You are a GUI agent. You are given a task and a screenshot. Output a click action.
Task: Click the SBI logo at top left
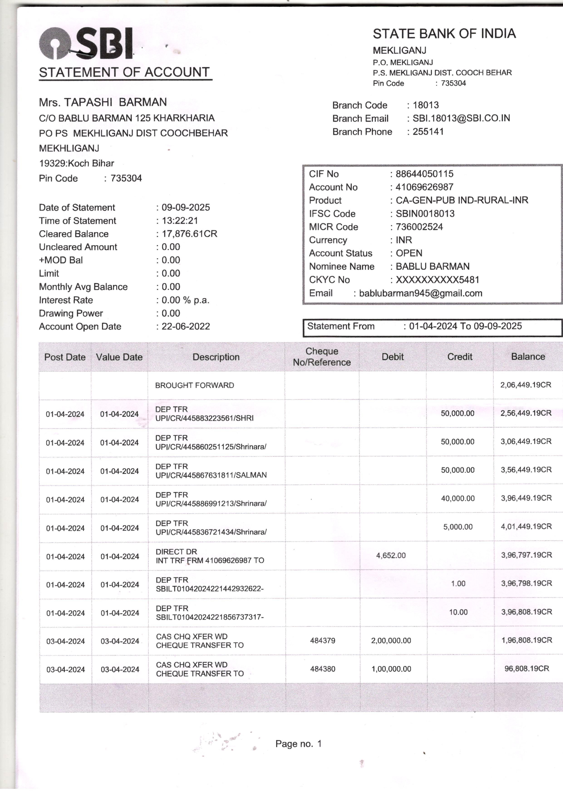pos(86,43)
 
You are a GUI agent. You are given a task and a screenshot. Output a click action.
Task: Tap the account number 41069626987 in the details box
pos(424,187)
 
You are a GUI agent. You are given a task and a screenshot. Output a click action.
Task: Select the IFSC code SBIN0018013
pos(425,214)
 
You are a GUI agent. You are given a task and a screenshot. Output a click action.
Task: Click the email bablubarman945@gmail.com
pos(420,293)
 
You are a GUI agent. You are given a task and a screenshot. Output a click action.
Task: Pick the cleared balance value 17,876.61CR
pos(189,234)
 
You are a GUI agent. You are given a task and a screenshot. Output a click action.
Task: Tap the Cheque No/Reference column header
pos(322,357)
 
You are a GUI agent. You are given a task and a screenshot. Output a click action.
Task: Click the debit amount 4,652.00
pos(391,555)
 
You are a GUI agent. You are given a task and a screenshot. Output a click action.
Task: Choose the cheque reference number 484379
pos(322,641)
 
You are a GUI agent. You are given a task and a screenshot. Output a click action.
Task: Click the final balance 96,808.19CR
pos(527,669)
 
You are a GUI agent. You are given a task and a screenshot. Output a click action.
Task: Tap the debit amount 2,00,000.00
pos(391,641)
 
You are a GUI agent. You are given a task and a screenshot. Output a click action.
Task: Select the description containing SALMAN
pos(211,471)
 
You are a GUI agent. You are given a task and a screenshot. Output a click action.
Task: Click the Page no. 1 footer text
pos(298,744)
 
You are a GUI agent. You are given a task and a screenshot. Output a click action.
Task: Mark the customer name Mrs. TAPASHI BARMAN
pos(103,102)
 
